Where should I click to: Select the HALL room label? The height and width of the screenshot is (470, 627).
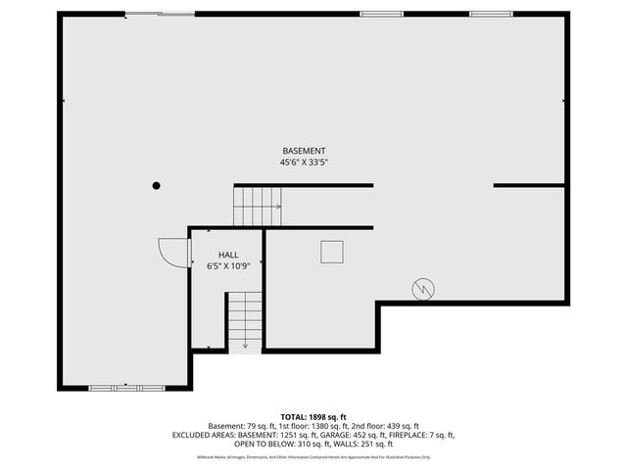pyautogui.click(x=216, y=255)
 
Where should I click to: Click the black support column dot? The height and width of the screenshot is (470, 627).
pyautogui.click(x=156, y=185)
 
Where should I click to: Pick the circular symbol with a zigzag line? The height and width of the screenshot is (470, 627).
pyautogui.click(x=423, y=289)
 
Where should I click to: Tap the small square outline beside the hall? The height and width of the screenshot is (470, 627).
pyautogui.click(x=332, y=252)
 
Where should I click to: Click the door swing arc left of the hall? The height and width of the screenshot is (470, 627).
pyautogui.click(x=172, y=253)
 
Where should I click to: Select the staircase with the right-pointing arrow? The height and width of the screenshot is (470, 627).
pyautogui.click(x=257, y=207)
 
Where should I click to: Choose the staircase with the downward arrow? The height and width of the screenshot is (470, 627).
pyautogui.click(x=245, y=320)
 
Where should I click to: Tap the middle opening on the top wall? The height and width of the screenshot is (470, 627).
pyautogui.click(x=373, y=14)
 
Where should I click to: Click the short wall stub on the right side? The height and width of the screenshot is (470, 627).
pyautogui.click(x=529, y=185)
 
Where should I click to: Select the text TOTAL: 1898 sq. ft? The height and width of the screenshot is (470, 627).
pyautogui.click(x=313, y=417)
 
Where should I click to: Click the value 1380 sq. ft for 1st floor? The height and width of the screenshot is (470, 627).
pyautogui.click(x=347, y=426)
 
